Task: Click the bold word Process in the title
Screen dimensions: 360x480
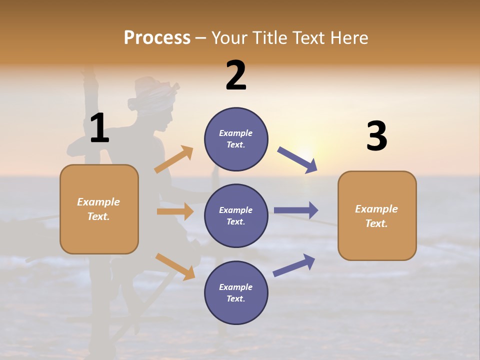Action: click(x=157, y=38)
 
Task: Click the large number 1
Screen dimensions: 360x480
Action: click(x=99, y=128)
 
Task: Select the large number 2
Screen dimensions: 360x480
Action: click(x=236, y=76)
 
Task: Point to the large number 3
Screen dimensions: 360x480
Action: click(x=376, y=136)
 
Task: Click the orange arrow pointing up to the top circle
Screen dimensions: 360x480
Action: click(x=174, y=159)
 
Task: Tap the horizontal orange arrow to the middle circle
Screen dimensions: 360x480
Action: click(x=175, y=211)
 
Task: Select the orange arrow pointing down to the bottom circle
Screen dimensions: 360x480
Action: click(x=175, y=266)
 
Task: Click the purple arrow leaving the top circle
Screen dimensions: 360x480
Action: click(x=297, y=159)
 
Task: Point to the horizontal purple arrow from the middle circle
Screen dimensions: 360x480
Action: click(x=295, y=210)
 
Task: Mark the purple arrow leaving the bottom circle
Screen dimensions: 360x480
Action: click(x=294, y=265)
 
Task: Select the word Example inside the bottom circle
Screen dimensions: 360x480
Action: click(x=236, y=287)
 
